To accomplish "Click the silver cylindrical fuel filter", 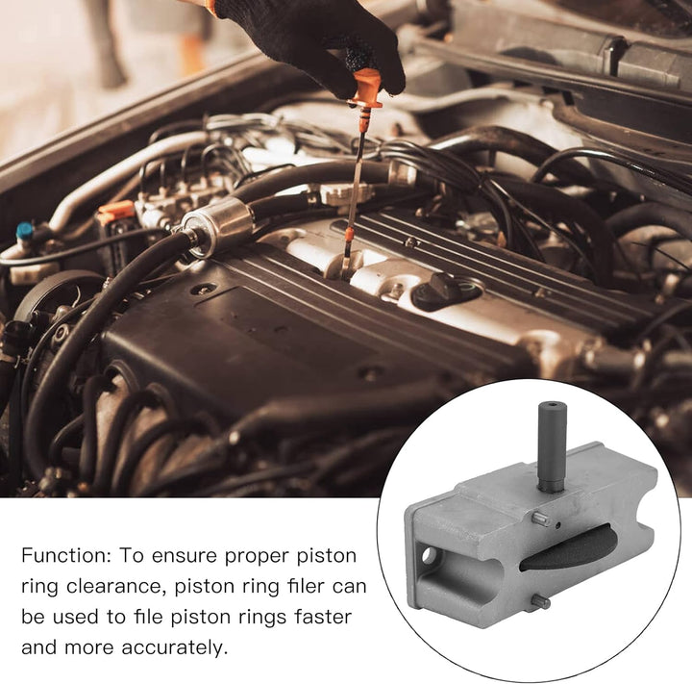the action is (x=217, y=227).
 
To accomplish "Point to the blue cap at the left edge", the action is (x=25, y=231).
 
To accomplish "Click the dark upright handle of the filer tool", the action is (x=552, y=446).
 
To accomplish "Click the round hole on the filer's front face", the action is (x=429, y=555).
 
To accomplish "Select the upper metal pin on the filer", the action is (x=541, y=518).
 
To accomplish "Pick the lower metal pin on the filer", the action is (x=540, y=601).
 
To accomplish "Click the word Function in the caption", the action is (x=66, y=555).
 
